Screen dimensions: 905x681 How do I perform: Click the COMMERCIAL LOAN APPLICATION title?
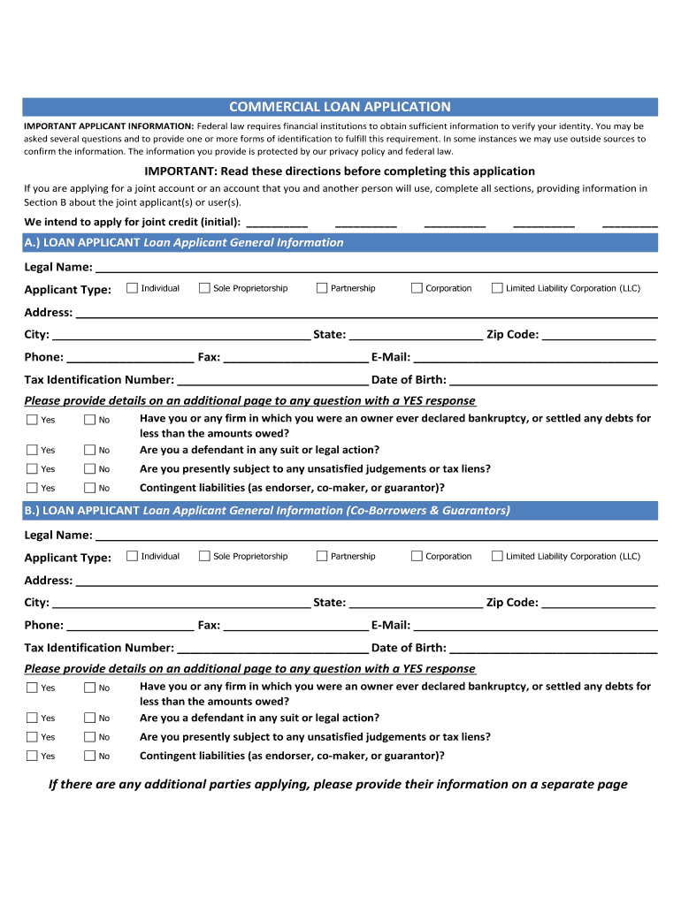click(x=340, y=107)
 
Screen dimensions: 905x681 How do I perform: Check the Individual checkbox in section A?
click(x=132, y=288)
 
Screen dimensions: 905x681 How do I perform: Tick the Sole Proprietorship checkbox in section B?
click(x=204, y=556)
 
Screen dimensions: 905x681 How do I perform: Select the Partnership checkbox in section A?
click(x=322, y=288)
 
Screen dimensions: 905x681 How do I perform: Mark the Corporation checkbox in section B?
click(x=417, y=556)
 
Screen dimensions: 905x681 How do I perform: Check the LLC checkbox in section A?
click(x=497, y=288)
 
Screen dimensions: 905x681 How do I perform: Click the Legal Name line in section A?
click(x=376, y=267)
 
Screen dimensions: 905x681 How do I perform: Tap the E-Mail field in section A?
click(x=535, y=357)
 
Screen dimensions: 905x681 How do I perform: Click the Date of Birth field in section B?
click(x=553, y=648)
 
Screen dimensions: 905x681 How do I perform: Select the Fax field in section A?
click(x=295, y=357)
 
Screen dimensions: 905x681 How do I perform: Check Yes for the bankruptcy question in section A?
click(x=32, y=420)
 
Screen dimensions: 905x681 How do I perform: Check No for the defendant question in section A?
click(x=89, y=450)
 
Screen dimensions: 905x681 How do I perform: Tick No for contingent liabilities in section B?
click(x=89, y=756)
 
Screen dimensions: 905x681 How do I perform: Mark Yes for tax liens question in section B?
click(x=32, y=737)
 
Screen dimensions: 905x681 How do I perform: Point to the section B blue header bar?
click(x=340, y=511)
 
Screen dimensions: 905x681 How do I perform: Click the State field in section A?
click(x=416, y=334)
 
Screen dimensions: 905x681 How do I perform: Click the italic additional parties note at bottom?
click(x=338, y=785)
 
